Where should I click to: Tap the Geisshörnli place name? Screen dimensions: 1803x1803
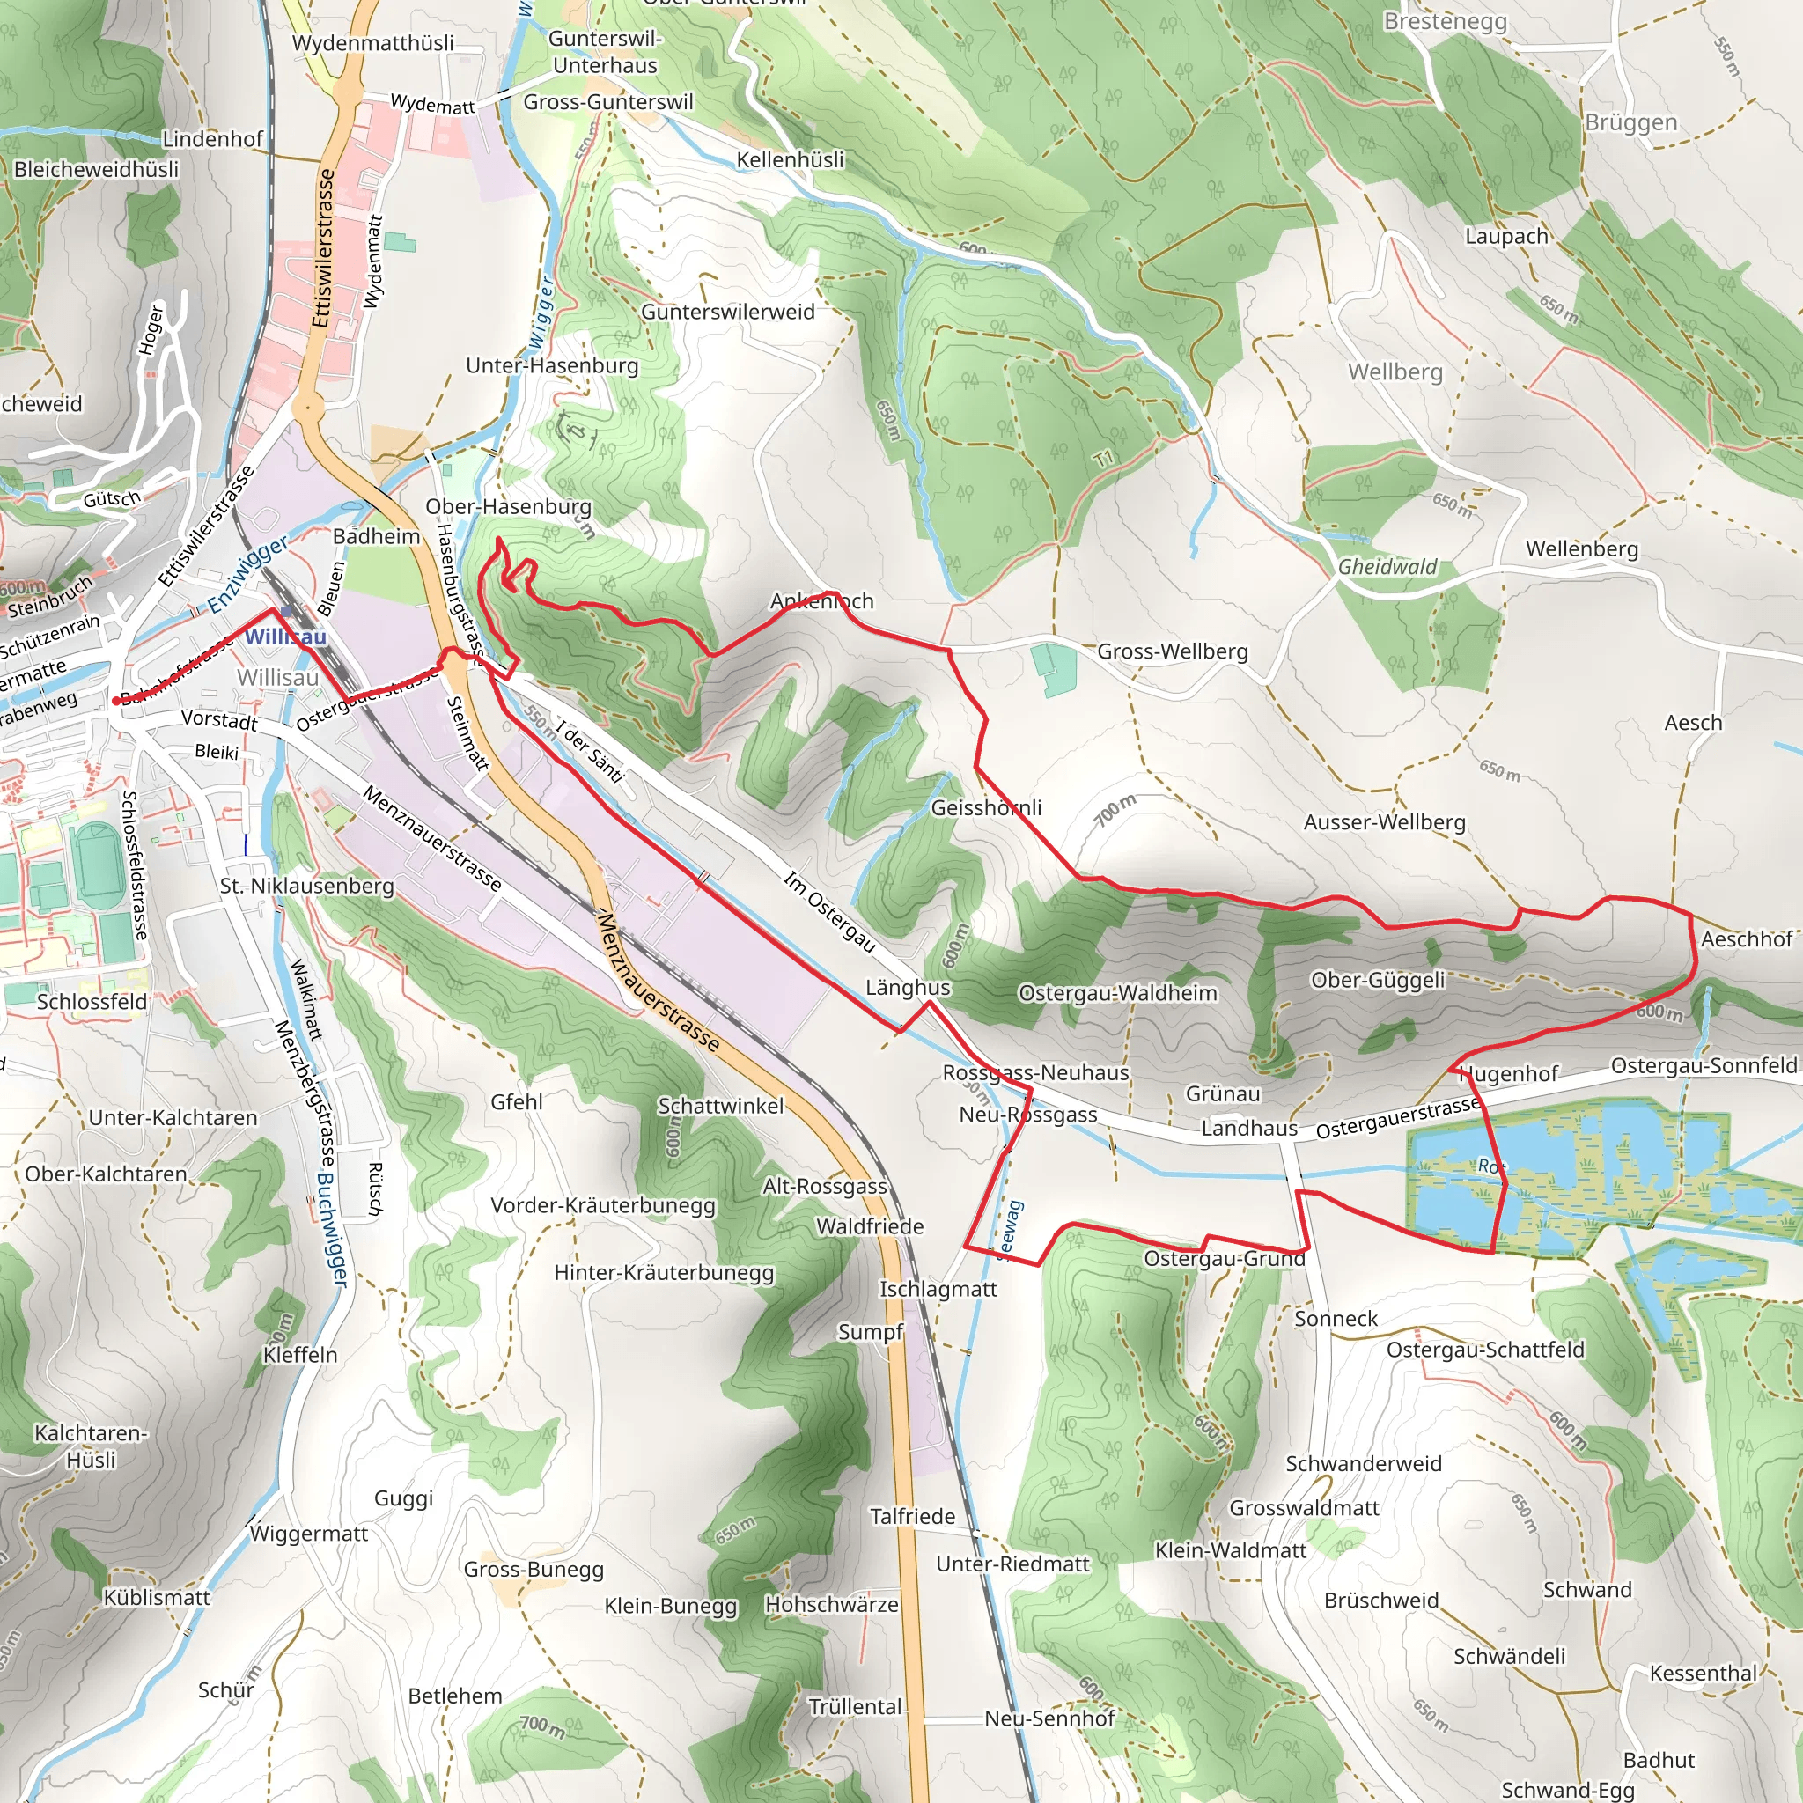(985, 807)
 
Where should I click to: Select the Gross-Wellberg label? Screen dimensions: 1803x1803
(1172, 651)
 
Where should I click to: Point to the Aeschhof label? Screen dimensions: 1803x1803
(1746, 938)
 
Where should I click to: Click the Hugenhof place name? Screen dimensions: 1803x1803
(1508, 1074)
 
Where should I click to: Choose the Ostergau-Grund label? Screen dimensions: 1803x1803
(1225, 1258)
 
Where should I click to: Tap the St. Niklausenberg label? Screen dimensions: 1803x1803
(307, 885)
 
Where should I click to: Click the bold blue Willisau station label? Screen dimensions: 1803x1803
(285, 637)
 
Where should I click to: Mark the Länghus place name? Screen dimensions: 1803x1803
(907, 988)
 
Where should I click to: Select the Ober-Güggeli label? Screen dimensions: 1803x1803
(1378, 980)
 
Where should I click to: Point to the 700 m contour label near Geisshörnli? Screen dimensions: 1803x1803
(1115, 809)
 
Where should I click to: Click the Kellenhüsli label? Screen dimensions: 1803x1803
(790, 159)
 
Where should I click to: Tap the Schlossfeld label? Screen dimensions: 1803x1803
(92, 1001)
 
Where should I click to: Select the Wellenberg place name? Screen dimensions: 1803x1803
(1582, 548)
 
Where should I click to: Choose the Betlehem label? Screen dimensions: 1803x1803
(454, 1696)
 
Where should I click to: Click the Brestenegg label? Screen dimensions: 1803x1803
(1445, 20)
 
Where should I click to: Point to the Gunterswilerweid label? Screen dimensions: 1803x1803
(728, 312)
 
